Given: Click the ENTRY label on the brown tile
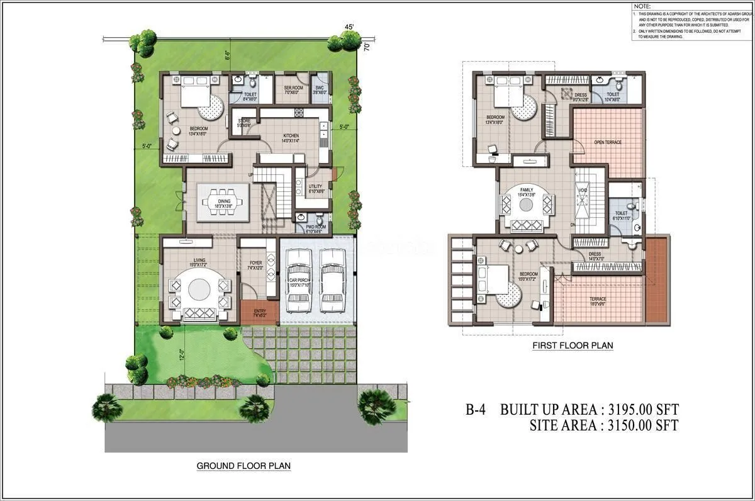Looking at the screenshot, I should point(259,312).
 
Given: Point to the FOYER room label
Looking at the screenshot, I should point(255,263).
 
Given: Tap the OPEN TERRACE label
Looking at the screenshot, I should point(607,142).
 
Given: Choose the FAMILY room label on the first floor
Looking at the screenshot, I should point(527,190).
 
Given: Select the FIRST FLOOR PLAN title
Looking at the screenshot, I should point(573,346).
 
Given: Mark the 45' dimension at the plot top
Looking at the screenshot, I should point(349,27).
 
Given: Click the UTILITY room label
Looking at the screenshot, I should point(315,186).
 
